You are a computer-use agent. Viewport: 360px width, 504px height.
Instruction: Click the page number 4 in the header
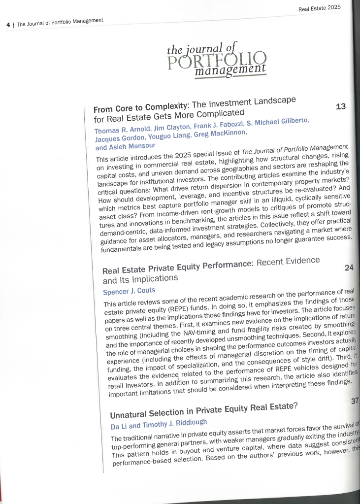pyautogui.click(x=8, y=24)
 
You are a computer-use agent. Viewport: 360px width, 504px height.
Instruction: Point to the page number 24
pyautogui.click(x=349, y=269)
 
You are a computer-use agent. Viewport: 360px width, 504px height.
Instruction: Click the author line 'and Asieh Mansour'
pyautogui.click(x=126, y=146)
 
